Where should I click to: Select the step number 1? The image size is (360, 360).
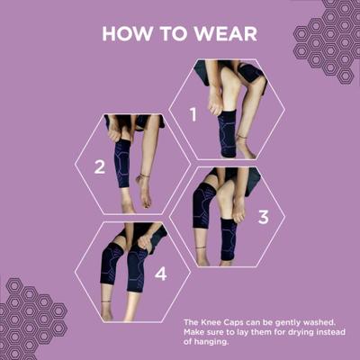click(x=192, y=114)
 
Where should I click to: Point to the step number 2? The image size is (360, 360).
click(x=100, y=166)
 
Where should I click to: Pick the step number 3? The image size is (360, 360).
click(x=263, y=217)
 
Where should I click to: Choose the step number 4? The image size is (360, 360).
click(x=161, y=274)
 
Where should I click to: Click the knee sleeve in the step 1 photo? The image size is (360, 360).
click(x=228, y=131)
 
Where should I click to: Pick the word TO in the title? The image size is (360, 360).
click(x=169, y=34)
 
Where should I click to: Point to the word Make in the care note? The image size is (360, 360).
click(x=193, y=331)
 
